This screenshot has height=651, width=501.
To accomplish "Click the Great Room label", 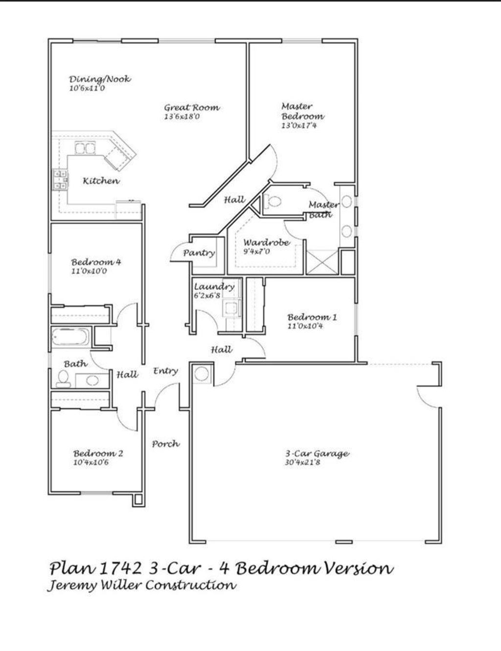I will click(x=192, y=108).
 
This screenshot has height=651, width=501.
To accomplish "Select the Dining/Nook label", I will click(x=100, y=79).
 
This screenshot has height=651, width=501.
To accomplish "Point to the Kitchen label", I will click(x=101, y=181).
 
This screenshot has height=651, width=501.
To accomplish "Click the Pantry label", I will click(x=199, y=253).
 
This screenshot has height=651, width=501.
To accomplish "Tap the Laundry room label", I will click(x=214, y=286).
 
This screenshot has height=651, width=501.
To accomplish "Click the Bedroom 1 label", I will click(x=312, y=317).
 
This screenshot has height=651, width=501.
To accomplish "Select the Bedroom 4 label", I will click(x=96, y=262).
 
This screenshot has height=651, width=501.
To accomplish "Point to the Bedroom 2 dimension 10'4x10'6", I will click(x=91, y=462).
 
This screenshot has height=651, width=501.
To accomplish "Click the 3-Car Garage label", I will click(x=318, y=453).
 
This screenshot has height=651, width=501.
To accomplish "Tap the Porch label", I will click(x=165, y=444).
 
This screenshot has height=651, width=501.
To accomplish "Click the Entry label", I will click(x=165, y=371).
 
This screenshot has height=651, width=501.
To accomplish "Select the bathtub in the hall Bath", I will click(x=70, y=337).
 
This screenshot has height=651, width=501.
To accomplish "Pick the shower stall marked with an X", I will click(x=321, y=262).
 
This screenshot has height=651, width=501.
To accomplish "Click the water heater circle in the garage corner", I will click(x=202, y=374).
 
